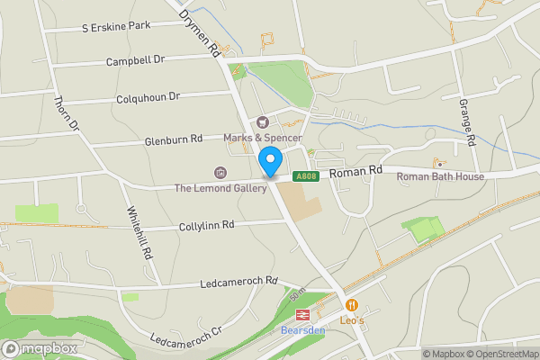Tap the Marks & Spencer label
[x=263, y=138]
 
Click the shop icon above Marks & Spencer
[x=263, y=121]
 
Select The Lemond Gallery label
[x=220, y=188]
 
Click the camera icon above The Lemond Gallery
[x=220, y=172]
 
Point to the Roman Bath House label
[x=440, y=176]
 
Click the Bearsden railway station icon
[x=301, y=315]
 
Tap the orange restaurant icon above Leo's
[x=352, y=306]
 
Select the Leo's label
[x=352, y=321]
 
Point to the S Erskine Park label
[x=117, y=26]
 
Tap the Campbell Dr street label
[x=136, y=60]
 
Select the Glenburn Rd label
[x=173, y=141]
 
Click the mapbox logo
[x=38, y=348]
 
